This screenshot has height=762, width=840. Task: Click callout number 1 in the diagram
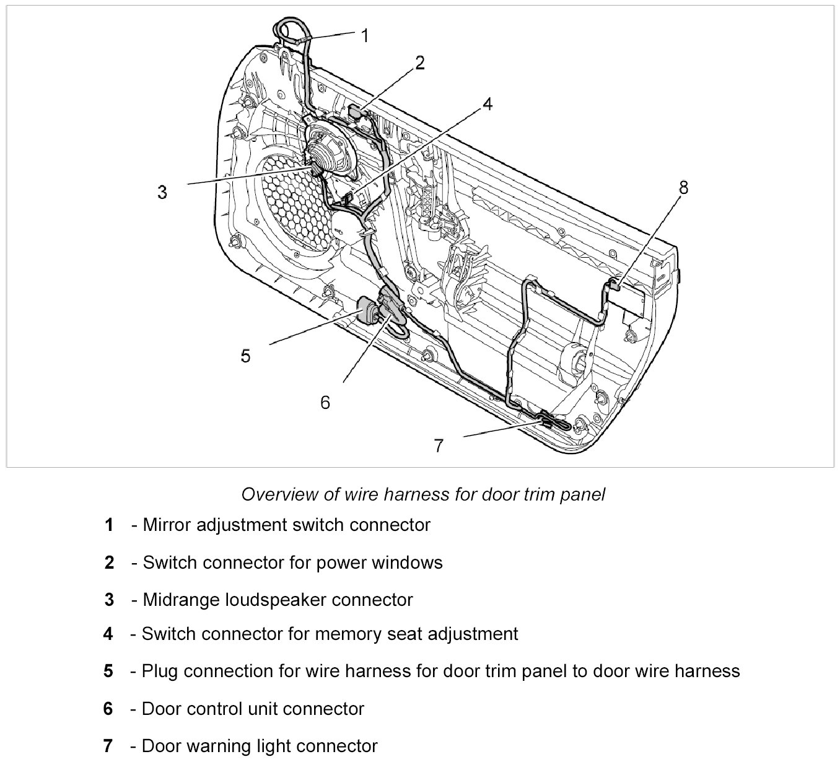click(365, 36)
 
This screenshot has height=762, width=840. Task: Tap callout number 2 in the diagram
click(420, 63)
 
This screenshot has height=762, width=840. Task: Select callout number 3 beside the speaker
click(162, 193)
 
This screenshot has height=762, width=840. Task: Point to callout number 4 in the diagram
click(488, 104)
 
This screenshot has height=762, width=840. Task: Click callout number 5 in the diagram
click(245, 356)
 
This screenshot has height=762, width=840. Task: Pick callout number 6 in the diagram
click(325, 403)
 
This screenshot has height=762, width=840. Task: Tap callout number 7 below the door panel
click(439, 446)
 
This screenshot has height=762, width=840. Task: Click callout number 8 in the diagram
click(683, 188)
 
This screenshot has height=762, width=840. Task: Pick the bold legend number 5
click(108, 671)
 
